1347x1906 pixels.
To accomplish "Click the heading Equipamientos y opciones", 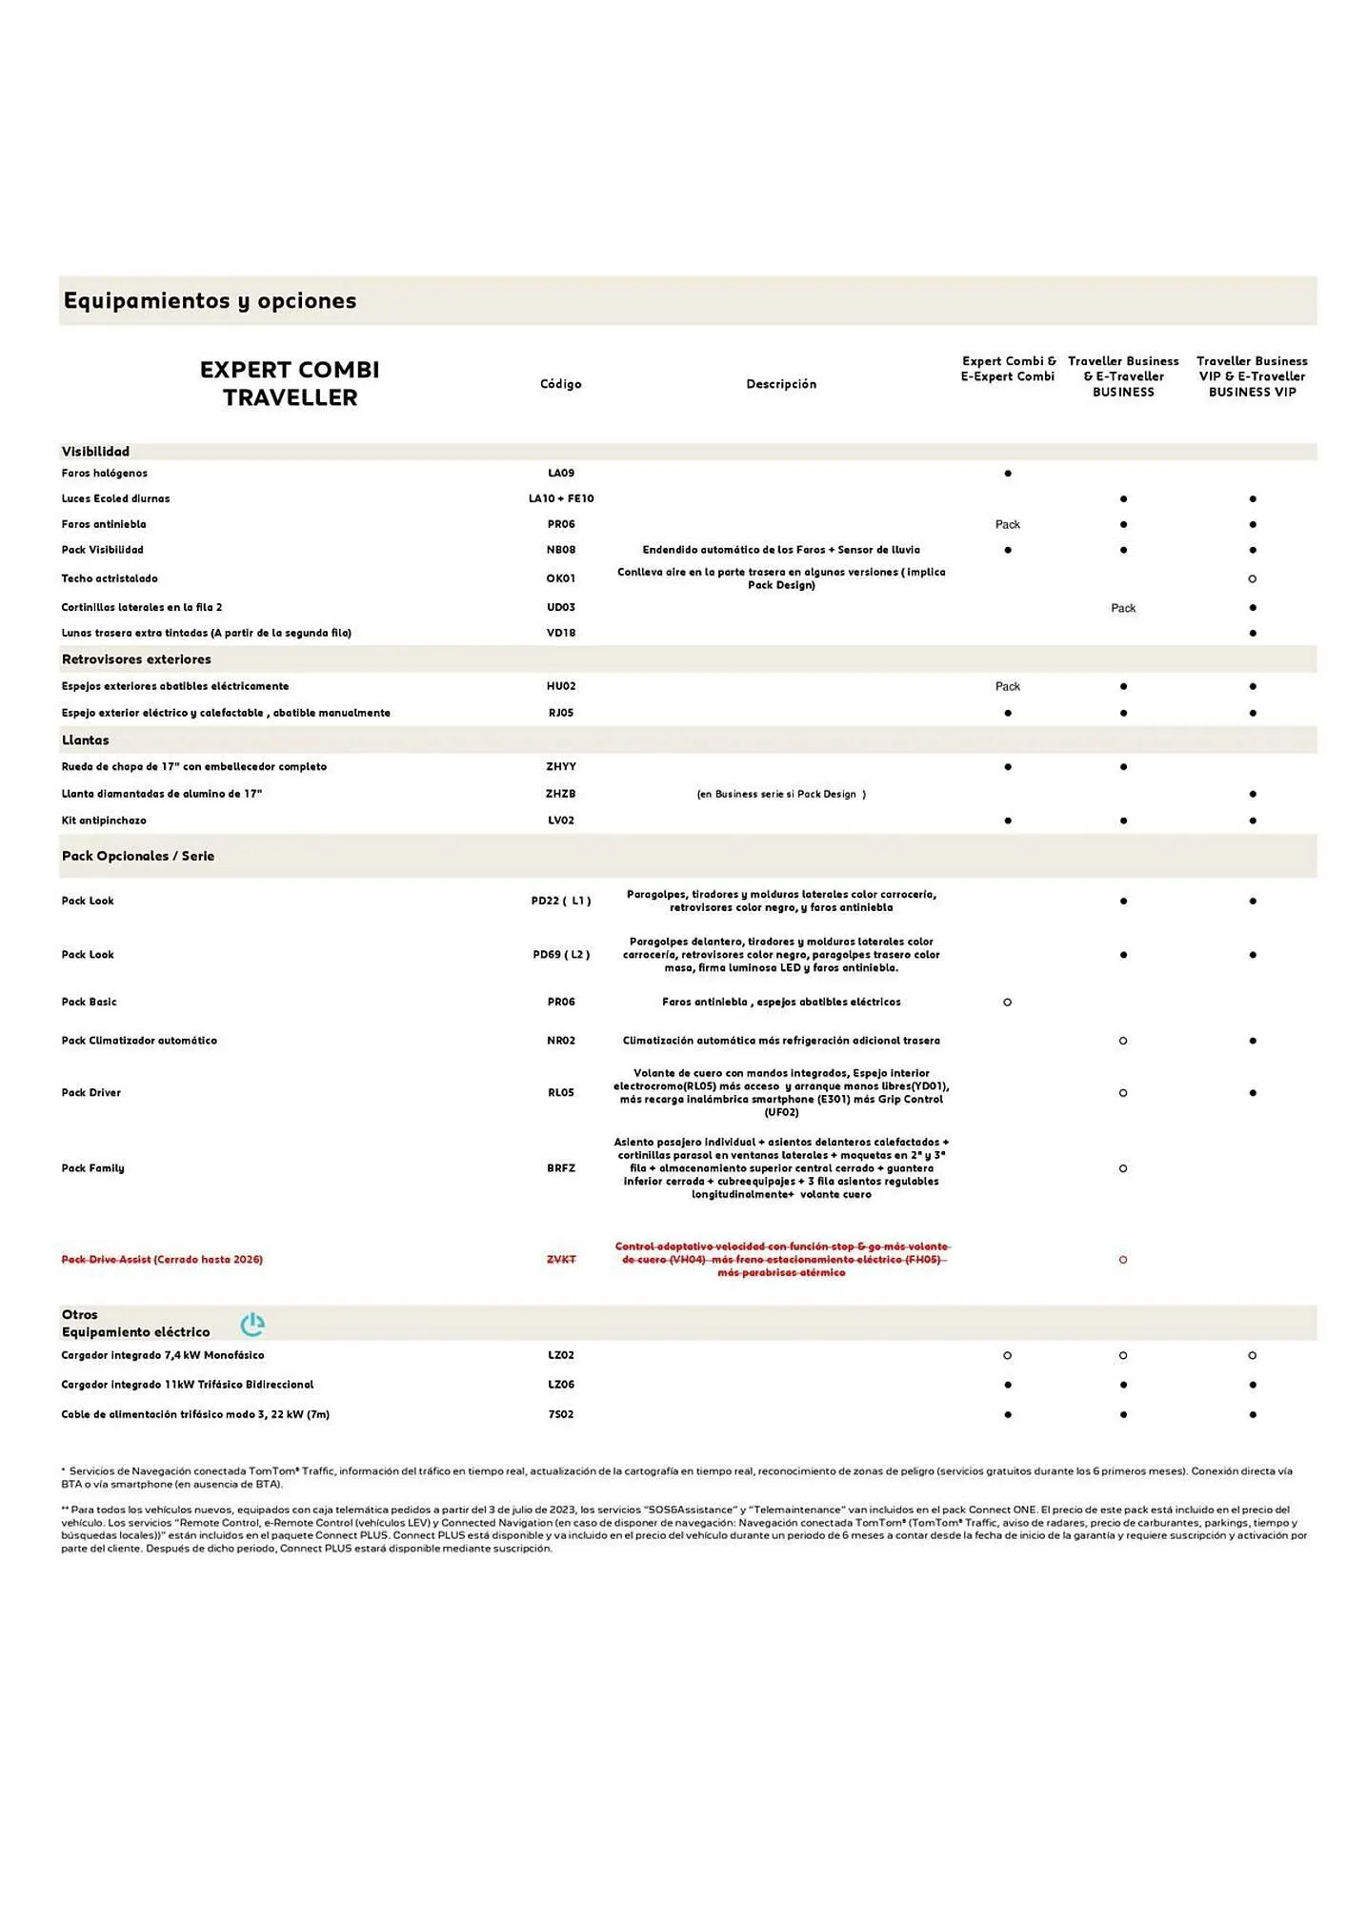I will (210, 301).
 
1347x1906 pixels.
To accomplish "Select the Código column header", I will (560, 384).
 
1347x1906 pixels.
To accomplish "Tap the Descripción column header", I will (781, 384).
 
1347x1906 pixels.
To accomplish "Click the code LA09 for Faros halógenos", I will (561, 474).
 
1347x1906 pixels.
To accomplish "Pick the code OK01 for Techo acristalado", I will (561, 578).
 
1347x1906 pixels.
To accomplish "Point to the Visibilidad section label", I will (95, 452).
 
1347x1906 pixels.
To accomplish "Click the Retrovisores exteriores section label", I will (136, 659).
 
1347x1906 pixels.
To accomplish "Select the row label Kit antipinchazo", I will (104, 821).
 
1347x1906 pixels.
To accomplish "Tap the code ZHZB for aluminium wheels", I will (561, 794).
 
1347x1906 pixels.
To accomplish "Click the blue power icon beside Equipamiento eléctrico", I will (252, 1325).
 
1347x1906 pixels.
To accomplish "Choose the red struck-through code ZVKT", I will (561, 1260).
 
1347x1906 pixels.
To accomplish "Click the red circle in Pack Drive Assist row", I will (1123, 1260).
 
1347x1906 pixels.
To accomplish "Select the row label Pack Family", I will (92, 1168).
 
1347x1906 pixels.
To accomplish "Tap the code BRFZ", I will (561, 1168).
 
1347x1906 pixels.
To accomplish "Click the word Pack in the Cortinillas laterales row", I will (1123, 608).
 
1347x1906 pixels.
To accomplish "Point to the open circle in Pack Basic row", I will (1007, 1003).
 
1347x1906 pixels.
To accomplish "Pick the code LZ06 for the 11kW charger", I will (561, 1385).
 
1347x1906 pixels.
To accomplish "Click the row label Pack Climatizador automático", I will (139, 1041).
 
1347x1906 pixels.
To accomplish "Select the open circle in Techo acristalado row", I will (1252, 579).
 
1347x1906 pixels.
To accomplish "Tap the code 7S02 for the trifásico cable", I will (561, 1415).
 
